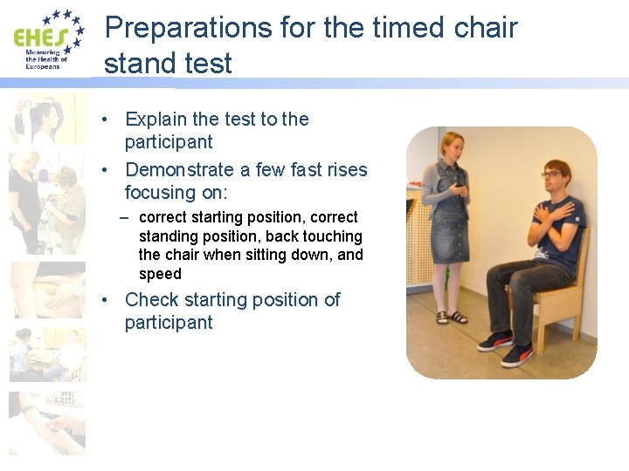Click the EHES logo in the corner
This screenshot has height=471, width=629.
tap(49, 39)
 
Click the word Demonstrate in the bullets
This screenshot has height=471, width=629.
tap(179, 169)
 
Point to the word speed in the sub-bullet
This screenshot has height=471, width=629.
tap(160, 274)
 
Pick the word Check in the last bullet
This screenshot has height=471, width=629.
tap(154, 299)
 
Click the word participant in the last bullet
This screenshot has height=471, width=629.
tap(169, 322)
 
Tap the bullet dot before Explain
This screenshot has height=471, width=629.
tap(103, 119)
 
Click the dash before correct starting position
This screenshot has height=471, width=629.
tap(128, 217)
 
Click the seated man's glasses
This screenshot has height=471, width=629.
tap(551, 174)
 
